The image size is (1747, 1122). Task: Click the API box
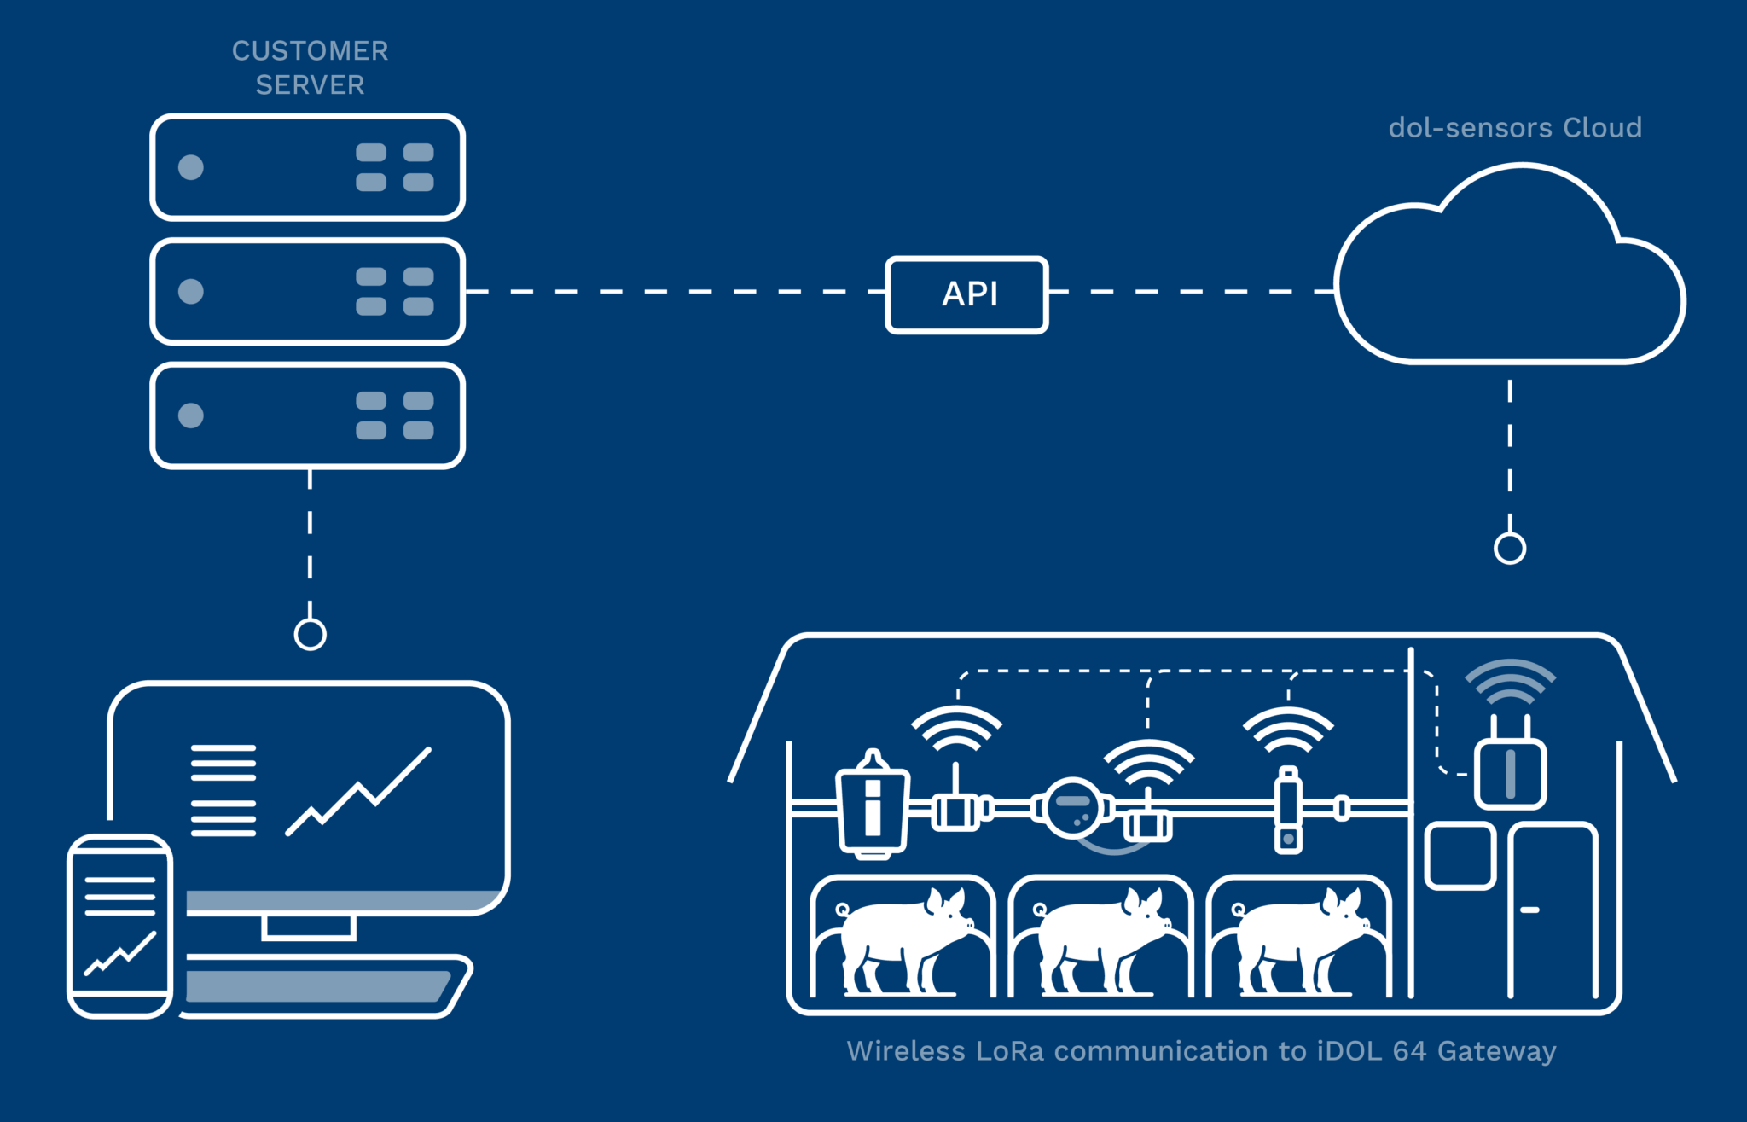[966, 294]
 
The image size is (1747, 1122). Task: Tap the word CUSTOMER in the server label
[310, 51]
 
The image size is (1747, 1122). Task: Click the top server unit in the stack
[308, 167]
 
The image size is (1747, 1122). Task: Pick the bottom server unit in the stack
[308, 416]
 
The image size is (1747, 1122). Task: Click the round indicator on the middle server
[191, 292]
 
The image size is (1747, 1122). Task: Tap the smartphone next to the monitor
[120, 926]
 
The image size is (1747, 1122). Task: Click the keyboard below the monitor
[324, 986]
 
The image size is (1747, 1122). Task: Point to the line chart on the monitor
[358, 794]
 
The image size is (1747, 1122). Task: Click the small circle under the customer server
[310, 634]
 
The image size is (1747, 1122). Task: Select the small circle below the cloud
[1509, 549]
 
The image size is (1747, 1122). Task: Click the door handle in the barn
[1529, 910]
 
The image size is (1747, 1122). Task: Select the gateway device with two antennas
[1510, 772]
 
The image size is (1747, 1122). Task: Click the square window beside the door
[1460, 856]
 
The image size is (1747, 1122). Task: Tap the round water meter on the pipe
[1073, 806]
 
